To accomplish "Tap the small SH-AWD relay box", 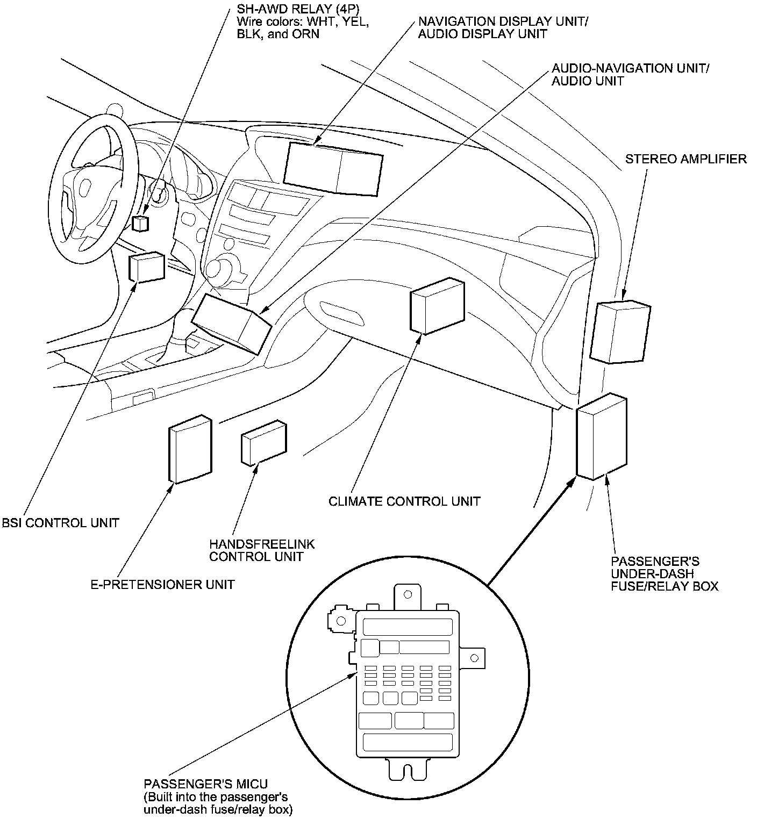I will [141, 223].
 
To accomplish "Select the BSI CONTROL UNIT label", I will [60, 522].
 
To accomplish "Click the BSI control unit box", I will [146, 267].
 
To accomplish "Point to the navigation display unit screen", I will [333, 168].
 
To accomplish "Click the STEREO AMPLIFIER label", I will [685, 159].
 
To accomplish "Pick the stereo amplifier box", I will [620, 332].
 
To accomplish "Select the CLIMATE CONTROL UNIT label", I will [404, 501].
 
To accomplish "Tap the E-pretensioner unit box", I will [190, 449].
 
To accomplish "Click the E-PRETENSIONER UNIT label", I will [162, 584].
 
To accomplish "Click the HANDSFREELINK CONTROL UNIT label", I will [262, 550].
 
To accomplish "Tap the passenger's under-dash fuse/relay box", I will [601, 436].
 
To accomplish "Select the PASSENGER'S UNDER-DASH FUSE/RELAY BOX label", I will [664, 573].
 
